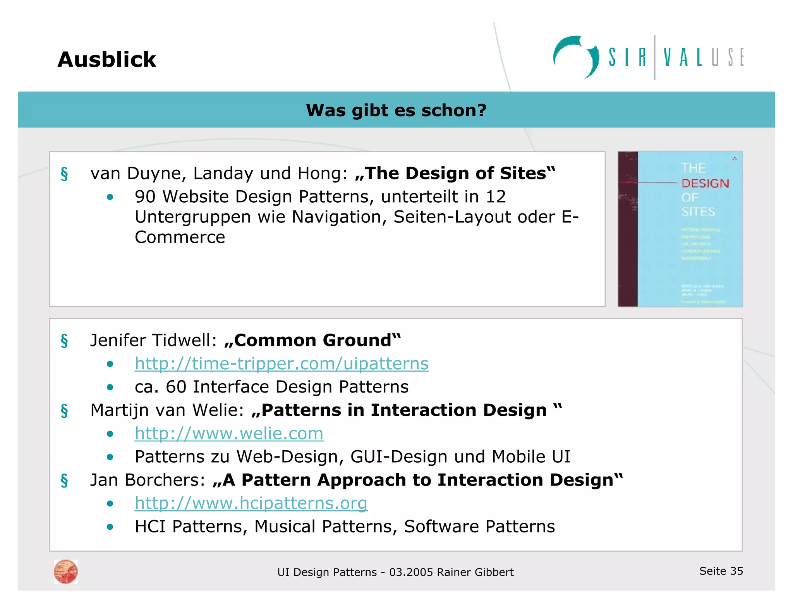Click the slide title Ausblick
click(106, 59)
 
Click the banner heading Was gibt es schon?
click(396, 110)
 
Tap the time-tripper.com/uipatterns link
click(281, 363)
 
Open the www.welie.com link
click(229, 433)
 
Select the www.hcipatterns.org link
click(251, 503)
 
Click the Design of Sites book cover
click(680, 229)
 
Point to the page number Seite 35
click(721, 571)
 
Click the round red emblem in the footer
click(66, 572)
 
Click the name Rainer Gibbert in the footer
click(475, 572)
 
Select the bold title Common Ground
click(313, 340)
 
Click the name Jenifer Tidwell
click(153, 340)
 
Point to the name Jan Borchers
click(148, 480)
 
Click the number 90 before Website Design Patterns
click(145, 197)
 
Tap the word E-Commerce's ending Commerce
click(180, 237)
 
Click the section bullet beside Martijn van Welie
click(64, 410)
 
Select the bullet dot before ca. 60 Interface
click(110, 387)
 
